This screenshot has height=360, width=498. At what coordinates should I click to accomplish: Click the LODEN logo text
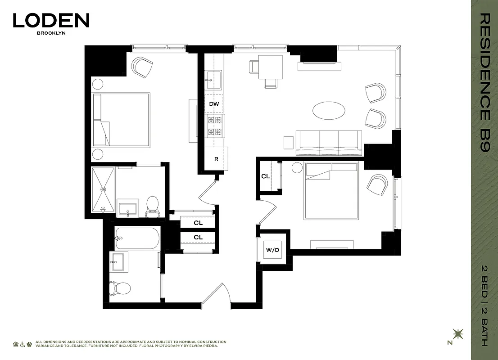(51, 21)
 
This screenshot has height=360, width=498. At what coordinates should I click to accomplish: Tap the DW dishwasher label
(214, 104)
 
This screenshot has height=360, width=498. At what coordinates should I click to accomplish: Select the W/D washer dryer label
(273, 249)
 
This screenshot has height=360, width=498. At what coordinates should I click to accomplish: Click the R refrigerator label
(216, 159)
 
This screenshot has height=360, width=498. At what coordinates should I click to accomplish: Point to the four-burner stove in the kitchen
(214, 126)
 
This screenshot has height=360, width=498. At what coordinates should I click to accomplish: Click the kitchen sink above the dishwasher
(213, 81)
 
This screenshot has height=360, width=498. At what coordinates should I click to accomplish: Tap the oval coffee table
(330, 110)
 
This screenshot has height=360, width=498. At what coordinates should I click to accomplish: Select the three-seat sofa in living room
(329, 140)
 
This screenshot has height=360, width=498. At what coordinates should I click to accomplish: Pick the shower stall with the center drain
(103, 189)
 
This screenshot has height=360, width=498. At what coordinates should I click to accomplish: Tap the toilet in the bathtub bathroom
(120, 287)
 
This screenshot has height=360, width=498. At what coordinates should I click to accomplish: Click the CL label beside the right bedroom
(266, 176)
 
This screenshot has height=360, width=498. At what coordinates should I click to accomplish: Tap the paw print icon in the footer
(29, 344)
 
